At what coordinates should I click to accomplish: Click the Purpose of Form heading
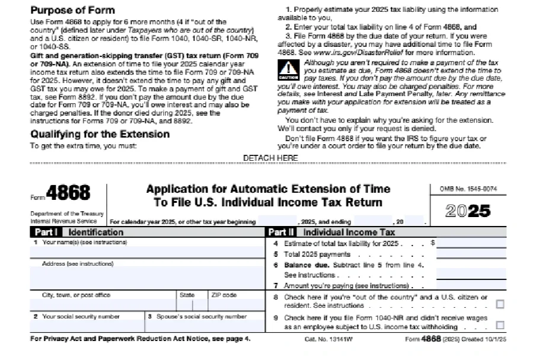point(72,10)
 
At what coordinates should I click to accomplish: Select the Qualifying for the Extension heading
point(100,134)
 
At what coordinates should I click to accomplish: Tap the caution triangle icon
point(289,69)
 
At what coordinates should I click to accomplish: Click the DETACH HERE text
point(270,158)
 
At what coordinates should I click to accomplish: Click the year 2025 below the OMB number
point(468,211)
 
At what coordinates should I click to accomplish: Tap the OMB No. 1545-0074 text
point(468,189)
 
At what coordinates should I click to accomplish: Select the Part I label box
point(46,232)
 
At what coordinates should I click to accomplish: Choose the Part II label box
point(282,232)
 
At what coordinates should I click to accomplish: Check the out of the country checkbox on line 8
point(500,304)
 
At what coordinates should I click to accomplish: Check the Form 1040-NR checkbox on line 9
point(500,325)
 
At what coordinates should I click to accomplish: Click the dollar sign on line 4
point(433,243)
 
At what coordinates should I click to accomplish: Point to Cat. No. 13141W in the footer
point(320,339)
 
